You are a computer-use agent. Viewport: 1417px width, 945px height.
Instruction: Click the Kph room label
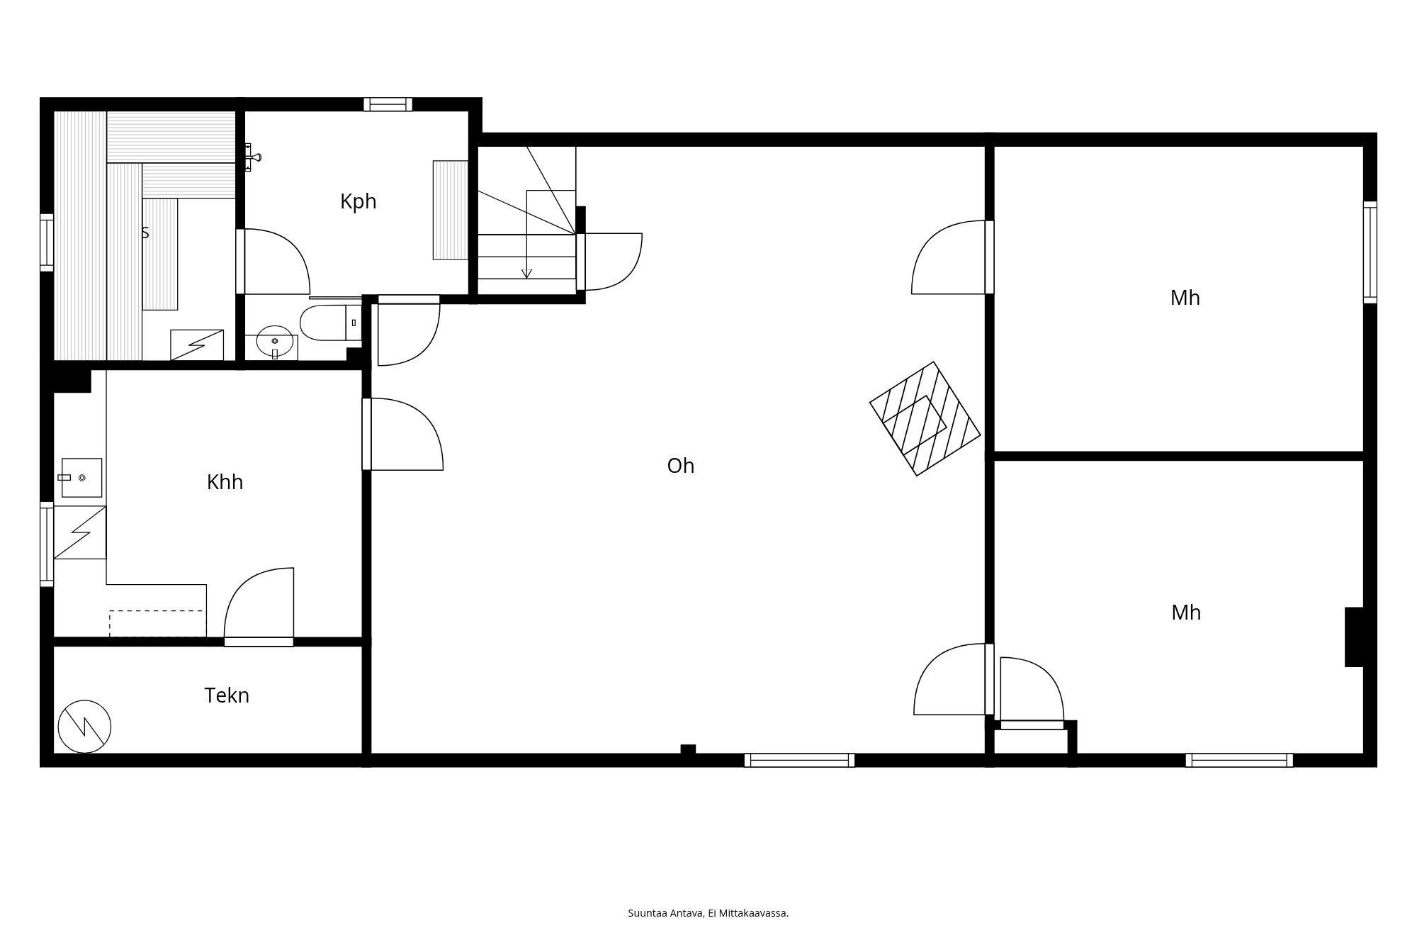point(358,202)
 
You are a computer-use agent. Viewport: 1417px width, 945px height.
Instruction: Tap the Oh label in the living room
point(681,466)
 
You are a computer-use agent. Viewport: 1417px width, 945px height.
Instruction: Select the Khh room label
point(225,482)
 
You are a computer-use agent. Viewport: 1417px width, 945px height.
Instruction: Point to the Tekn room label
point(227,695)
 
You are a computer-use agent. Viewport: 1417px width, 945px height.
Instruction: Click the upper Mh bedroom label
point(1185,298)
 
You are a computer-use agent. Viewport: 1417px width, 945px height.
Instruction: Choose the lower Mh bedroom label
point(1186,613)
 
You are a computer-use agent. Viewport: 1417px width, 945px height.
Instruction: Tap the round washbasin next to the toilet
point(275,342)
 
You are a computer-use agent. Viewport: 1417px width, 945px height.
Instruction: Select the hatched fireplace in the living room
point(925,418)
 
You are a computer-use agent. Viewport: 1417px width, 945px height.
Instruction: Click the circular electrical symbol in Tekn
point(84,727)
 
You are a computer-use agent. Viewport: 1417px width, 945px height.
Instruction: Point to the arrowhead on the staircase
point(526,274)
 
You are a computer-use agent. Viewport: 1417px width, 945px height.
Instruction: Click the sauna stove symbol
point(197,345)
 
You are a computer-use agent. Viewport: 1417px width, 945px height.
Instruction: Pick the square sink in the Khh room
point(81,478)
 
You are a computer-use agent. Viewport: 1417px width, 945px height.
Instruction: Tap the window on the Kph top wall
point(388,104)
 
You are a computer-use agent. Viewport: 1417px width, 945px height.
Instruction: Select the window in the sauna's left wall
point(47,242)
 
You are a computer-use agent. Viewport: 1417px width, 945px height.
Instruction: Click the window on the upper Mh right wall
point(1370,252)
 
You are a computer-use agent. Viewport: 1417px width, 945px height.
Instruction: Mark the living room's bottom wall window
point(799,760)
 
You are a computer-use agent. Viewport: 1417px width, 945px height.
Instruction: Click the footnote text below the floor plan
point(708,913)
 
